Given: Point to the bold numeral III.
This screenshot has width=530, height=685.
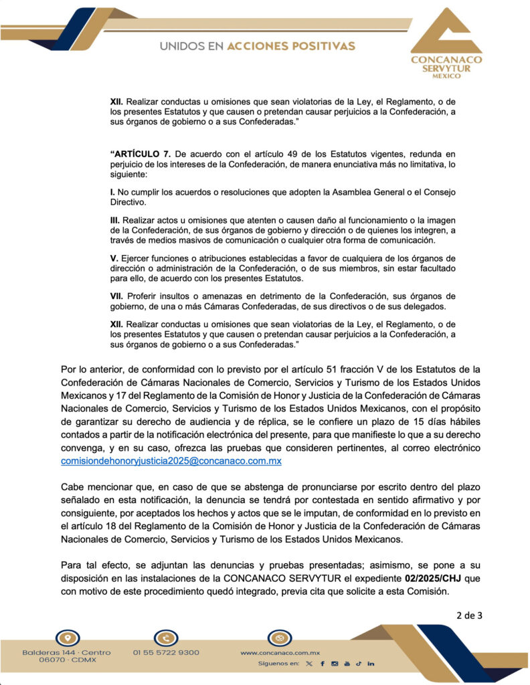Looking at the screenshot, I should [114, 219].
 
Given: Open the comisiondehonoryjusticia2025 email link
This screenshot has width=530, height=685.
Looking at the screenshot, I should [171, 462].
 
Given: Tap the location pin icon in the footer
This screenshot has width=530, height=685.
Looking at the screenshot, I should [67, 638].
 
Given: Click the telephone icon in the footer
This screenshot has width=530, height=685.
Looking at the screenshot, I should [165, 638].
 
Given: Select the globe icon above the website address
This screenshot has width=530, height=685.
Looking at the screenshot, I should [279, 638].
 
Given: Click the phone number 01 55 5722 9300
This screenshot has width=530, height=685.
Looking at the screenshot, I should [166, 652].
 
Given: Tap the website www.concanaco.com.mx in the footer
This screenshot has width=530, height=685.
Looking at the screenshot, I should [280, 652].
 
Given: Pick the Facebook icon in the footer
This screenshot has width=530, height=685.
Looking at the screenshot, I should [322, 664].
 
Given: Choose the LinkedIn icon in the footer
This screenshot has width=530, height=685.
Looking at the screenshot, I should [371, 664].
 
